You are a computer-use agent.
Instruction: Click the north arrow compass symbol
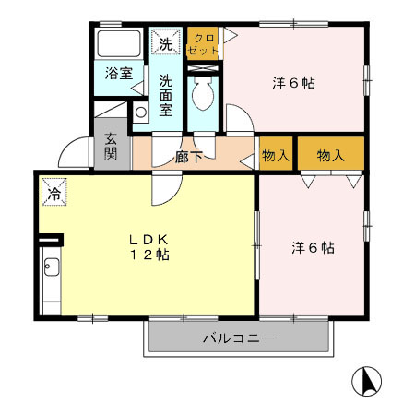(x=368, y=381)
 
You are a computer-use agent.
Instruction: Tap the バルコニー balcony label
(x=238, y=338)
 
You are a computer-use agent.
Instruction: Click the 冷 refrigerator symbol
(x=53, y=194)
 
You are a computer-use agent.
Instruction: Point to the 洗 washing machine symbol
(x=166, y=43)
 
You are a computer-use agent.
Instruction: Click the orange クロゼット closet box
(x=203, y=44)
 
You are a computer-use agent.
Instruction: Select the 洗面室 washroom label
(x=166, y=95)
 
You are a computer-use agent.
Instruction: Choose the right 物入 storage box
(x=330, y=155)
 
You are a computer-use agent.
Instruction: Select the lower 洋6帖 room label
(x=313, y=247)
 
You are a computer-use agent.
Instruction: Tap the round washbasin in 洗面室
(x=140, y=113)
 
